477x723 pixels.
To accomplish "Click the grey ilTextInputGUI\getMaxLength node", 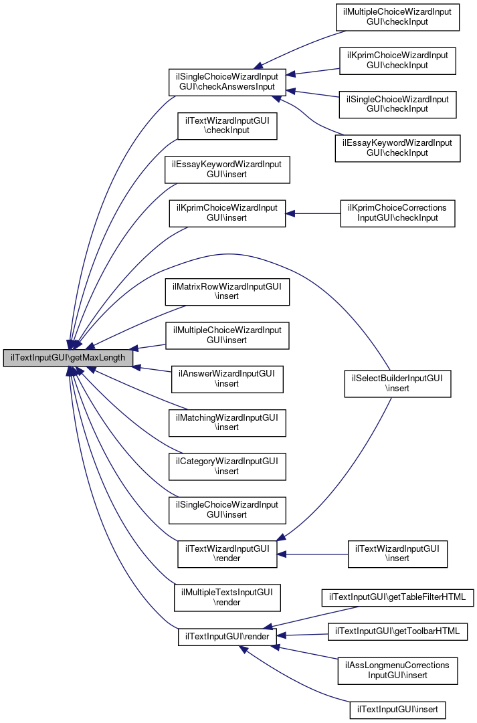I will point(68,358).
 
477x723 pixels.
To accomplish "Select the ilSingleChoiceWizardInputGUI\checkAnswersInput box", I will point(227,82).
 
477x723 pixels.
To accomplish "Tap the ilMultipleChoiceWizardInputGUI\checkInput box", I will point(397,17).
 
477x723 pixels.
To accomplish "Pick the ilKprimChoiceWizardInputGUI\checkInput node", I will point(397,60).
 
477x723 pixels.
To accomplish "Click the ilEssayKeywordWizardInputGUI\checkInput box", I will point(397,148).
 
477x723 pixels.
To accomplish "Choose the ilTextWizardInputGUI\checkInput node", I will point(227,125).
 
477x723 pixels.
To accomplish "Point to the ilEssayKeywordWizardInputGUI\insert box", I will point(227,169).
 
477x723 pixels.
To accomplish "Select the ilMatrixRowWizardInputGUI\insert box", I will point(227,292).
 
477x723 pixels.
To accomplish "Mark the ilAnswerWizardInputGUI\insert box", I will point(227,379).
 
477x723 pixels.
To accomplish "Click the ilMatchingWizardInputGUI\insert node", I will point(227,423).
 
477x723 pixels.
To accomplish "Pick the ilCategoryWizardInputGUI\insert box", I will point(227,466).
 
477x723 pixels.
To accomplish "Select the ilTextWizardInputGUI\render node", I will point(227,554).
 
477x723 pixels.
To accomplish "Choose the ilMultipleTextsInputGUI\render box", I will point(227,597).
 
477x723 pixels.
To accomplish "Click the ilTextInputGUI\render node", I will point(227,637).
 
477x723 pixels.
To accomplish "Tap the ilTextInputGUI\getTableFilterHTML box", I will point(397,595).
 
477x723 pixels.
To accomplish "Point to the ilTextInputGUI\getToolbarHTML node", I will point(397,631).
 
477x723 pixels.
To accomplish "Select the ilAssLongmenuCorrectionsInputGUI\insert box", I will point(397,671).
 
